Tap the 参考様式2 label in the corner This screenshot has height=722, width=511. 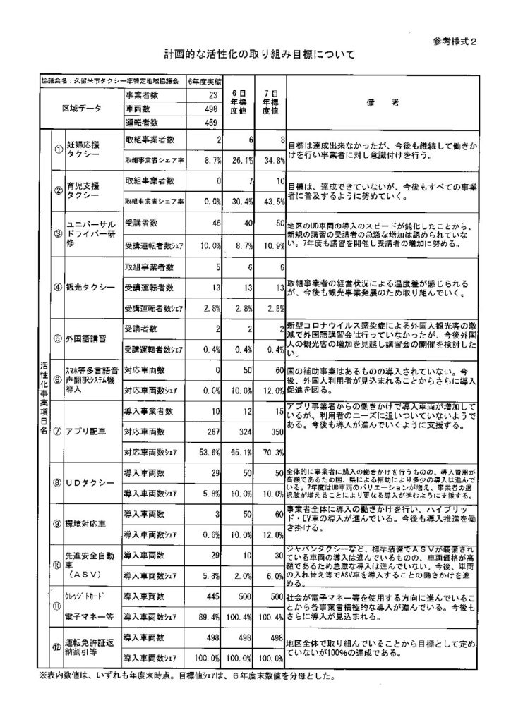tap(460, 39)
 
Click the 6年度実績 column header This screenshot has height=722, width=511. tap(205, 81)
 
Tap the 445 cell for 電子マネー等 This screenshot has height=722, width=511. tap(210, 596)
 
